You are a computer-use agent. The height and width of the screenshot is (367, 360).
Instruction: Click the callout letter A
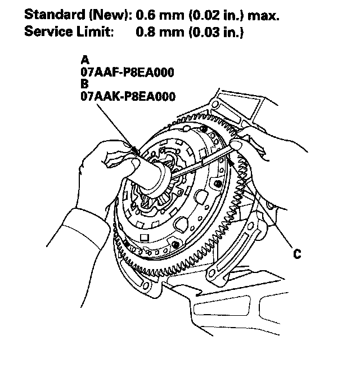pyautogui.click(x=84, y=60)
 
